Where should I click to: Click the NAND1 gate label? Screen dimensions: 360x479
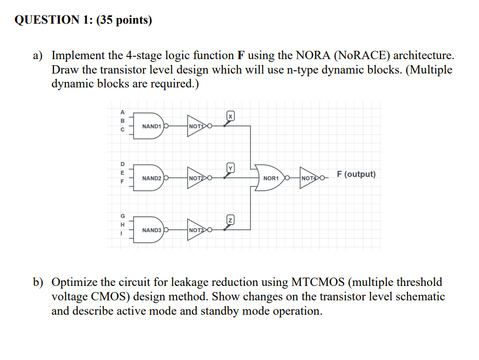click(x=152, y=126)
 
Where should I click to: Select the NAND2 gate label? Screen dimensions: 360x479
click(x=152, y=178)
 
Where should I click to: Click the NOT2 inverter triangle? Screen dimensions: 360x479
click(x=197, y=178)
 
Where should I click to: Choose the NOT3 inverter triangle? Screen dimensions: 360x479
click(x=197, y=230)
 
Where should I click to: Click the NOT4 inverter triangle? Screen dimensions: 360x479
click(x=310, y=178)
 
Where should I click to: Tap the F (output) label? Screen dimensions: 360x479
click(x=356, y=174)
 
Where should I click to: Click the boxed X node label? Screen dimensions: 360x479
click(x=230, y=117)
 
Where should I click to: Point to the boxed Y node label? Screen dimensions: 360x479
click(x=230, y=168)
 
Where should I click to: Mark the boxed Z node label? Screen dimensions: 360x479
click(x=230, y=220)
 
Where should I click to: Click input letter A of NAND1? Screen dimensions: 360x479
click(x=122, y=112)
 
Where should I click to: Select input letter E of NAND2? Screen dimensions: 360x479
click(x=122, y=173)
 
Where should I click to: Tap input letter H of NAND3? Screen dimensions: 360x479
click(x=122, y=224)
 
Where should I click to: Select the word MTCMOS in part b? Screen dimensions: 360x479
click(x=318, y=282)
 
